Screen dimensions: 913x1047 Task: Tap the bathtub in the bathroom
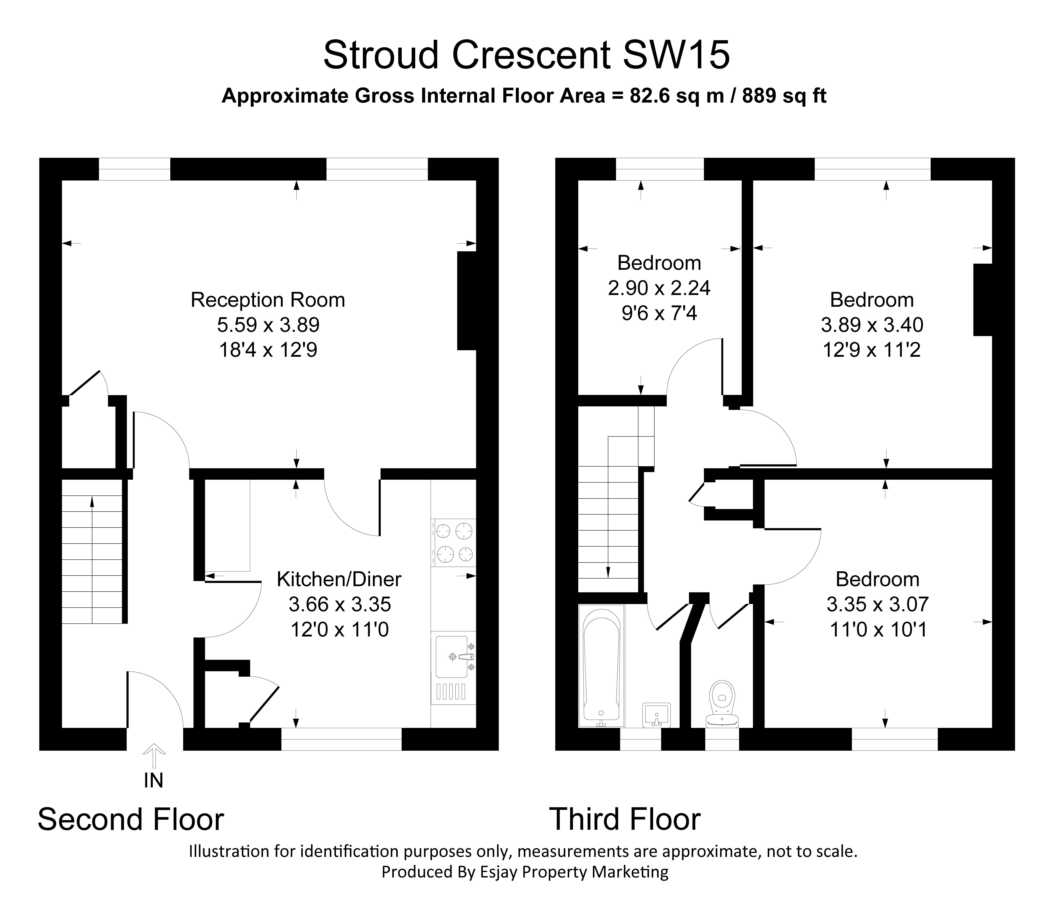click(x=601, y=665)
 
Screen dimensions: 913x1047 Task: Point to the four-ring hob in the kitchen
click(x=453, y=543)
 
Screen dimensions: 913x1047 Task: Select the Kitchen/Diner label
click(x=339, y=579)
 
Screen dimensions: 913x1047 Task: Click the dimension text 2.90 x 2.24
click(x=659, y=288)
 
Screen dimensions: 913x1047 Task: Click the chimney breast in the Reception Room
click(x=466, y=301)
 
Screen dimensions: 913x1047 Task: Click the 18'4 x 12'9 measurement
click(x=268, y=350)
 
